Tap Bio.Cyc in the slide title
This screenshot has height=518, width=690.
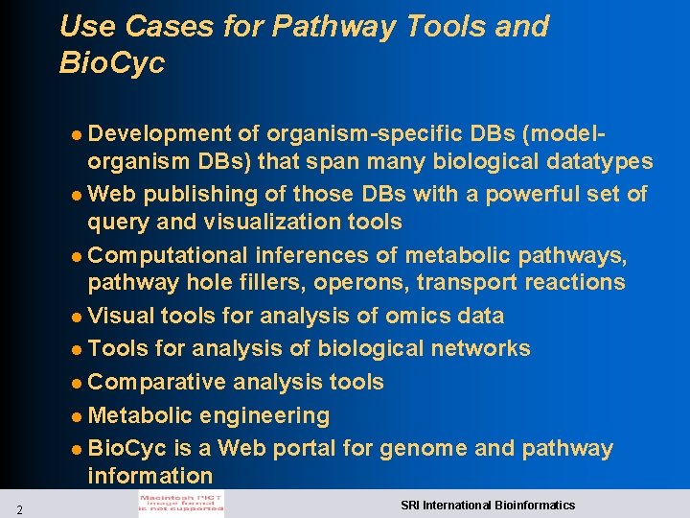[x=112, y=63]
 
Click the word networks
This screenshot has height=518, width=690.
[x=476, y=348]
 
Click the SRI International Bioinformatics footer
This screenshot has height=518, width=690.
[x=488, y=505]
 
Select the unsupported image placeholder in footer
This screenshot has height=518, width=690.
[x=180, y=505]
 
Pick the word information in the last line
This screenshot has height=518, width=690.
[x=149, y=476]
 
